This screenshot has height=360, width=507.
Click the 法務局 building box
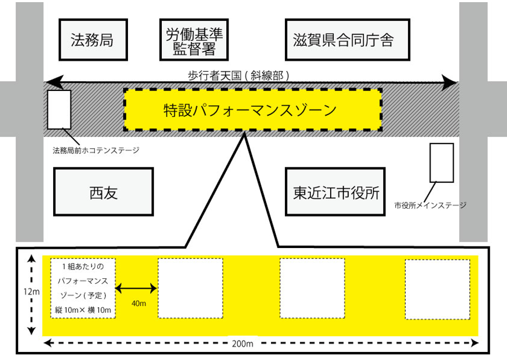click(92, 40)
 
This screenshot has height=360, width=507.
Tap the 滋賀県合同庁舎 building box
click(344, 40)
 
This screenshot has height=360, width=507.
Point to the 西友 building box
click(103, 192)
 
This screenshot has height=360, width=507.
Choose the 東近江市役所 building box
click(337, 192)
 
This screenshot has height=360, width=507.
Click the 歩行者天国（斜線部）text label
click(238, 76)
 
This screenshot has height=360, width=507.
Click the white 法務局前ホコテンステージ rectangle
click(59, 109)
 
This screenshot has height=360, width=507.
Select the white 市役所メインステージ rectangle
click(442, 162)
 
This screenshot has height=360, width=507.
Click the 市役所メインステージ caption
click(430, 205)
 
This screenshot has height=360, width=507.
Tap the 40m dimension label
click(138, 304)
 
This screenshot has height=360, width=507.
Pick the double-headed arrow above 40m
click(137, 290)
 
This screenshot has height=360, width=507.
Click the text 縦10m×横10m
click(83, 308)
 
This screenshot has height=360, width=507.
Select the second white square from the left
click(190, 289)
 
